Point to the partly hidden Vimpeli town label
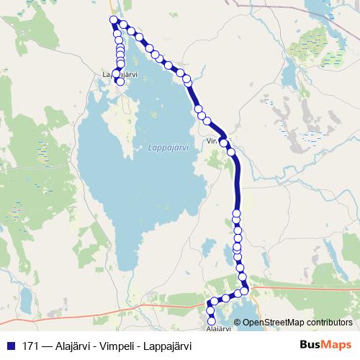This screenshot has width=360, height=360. (214, 142)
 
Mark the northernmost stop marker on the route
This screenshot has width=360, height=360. (112, 19)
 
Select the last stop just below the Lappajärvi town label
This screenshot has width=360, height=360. (120, 82)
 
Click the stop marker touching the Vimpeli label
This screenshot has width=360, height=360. (223, 142)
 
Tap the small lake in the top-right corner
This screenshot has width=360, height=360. (318, 7)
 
